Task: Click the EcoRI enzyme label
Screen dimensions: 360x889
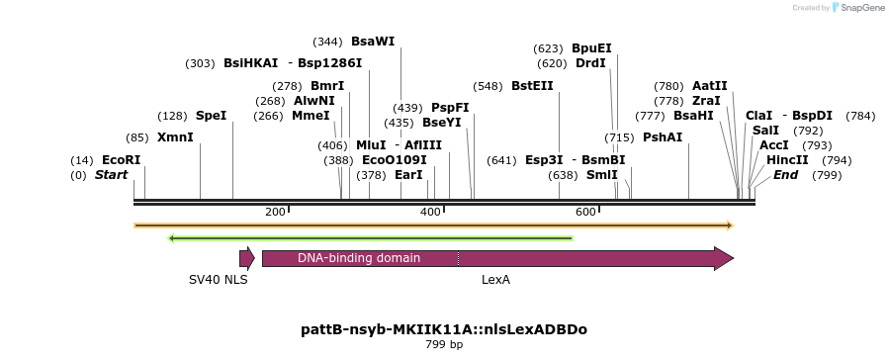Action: pyautogui.click(x=122, y=160)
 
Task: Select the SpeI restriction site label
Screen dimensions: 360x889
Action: pyautogui.click(x=211, y=116)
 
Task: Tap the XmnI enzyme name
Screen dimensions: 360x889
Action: pyautogui.click(x=175, y=137)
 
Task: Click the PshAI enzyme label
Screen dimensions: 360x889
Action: pyautogui.click(x=663, y=137)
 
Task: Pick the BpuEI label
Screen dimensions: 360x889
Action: pyautogui.click(x=591, y=47)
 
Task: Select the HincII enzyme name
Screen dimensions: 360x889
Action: pyautogui.click(x=787, y=160)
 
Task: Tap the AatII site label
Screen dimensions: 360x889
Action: pyautogui.click(x=710, y=86)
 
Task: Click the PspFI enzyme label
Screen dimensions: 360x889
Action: pyautogui.click(x=450, y=108)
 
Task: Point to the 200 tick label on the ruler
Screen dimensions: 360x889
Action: pyautogui.click(x=275, y=212)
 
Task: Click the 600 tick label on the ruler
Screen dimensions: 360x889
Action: pyautogui.click(x=585, y=212)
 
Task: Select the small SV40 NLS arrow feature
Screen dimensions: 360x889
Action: pyautogui.click(x=246, y=258)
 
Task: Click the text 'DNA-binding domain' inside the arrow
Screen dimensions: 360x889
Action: pyautogui.click(x=359, y=258)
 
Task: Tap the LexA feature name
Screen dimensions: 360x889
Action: pyautogui.click(x=495, y=280)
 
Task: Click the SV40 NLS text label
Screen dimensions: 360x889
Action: pyautogui.click(x=219, y=280)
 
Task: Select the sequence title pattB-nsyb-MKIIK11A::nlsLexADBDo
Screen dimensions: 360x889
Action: pyautogui.click(x=444, y=329)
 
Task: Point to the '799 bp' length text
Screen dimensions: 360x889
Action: pyautogui.click(x=444, y=345)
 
